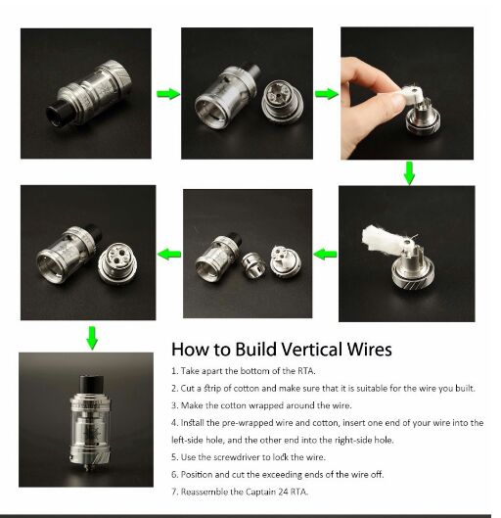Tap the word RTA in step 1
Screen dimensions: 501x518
tap(306, 371)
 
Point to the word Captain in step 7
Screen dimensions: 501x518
tap(260, 492)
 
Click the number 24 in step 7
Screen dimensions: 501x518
tap(283, 492)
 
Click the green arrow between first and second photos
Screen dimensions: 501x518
tap(168, 94)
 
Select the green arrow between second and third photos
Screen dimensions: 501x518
tap(327, 94)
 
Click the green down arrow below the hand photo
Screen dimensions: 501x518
tap(409, 173)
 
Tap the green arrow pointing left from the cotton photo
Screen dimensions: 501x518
tap(326, 254)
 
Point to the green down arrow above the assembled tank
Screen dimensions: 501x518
tap(92, 338)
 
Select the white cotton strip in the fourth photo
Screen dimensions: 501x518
tap(383, 240)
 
